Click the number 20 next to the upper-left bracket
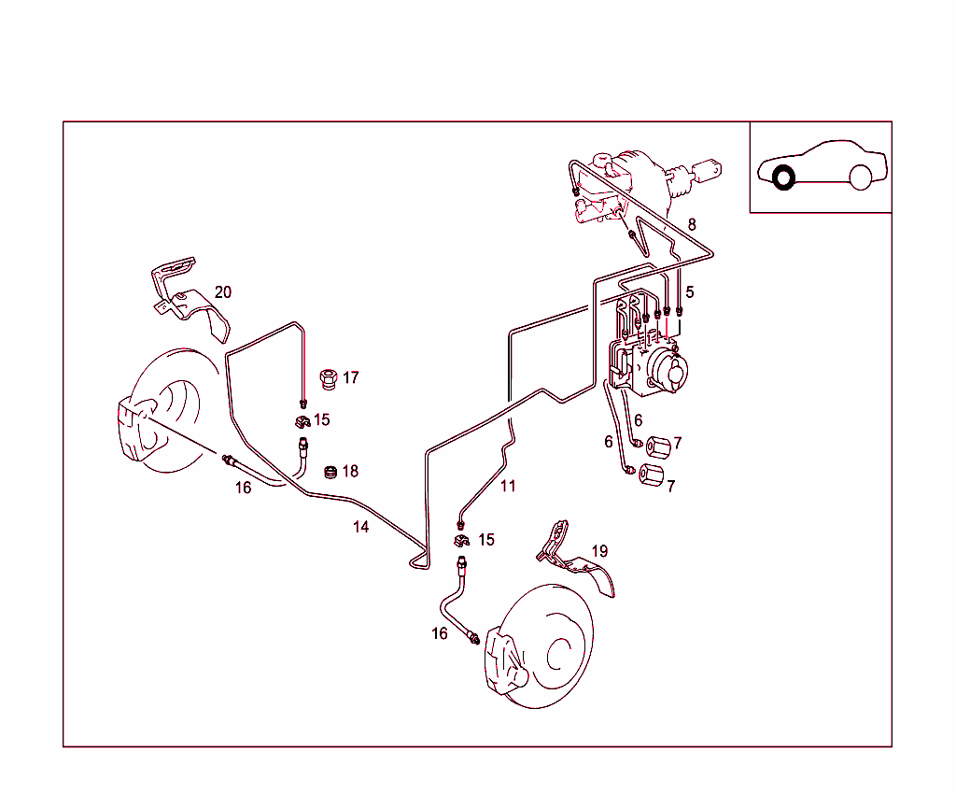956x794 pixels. pos(223,292)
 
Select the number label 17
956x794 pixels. pos(350,378)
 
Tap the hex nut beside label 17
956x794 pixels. pos(327,378)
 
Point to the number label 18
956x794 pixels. pos(349,472)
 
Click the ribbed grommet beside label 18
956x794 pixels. pos(329,472)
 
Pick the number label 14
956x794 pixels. pos(360,527)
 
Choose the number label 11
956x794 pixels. pos(507,486)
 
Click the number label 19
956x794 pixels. pos(599,551)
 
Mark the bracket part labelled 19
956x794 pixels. pos(574,560)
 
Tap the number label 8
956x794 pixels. pos(692,224)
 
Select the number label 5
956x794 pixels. pos(689,292)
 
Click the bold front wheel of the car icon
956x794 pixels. pos(782,177)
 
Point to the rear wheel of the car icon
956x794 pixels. pos(860,177)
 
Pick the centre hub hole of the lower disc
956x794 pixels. pos(561,653)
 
